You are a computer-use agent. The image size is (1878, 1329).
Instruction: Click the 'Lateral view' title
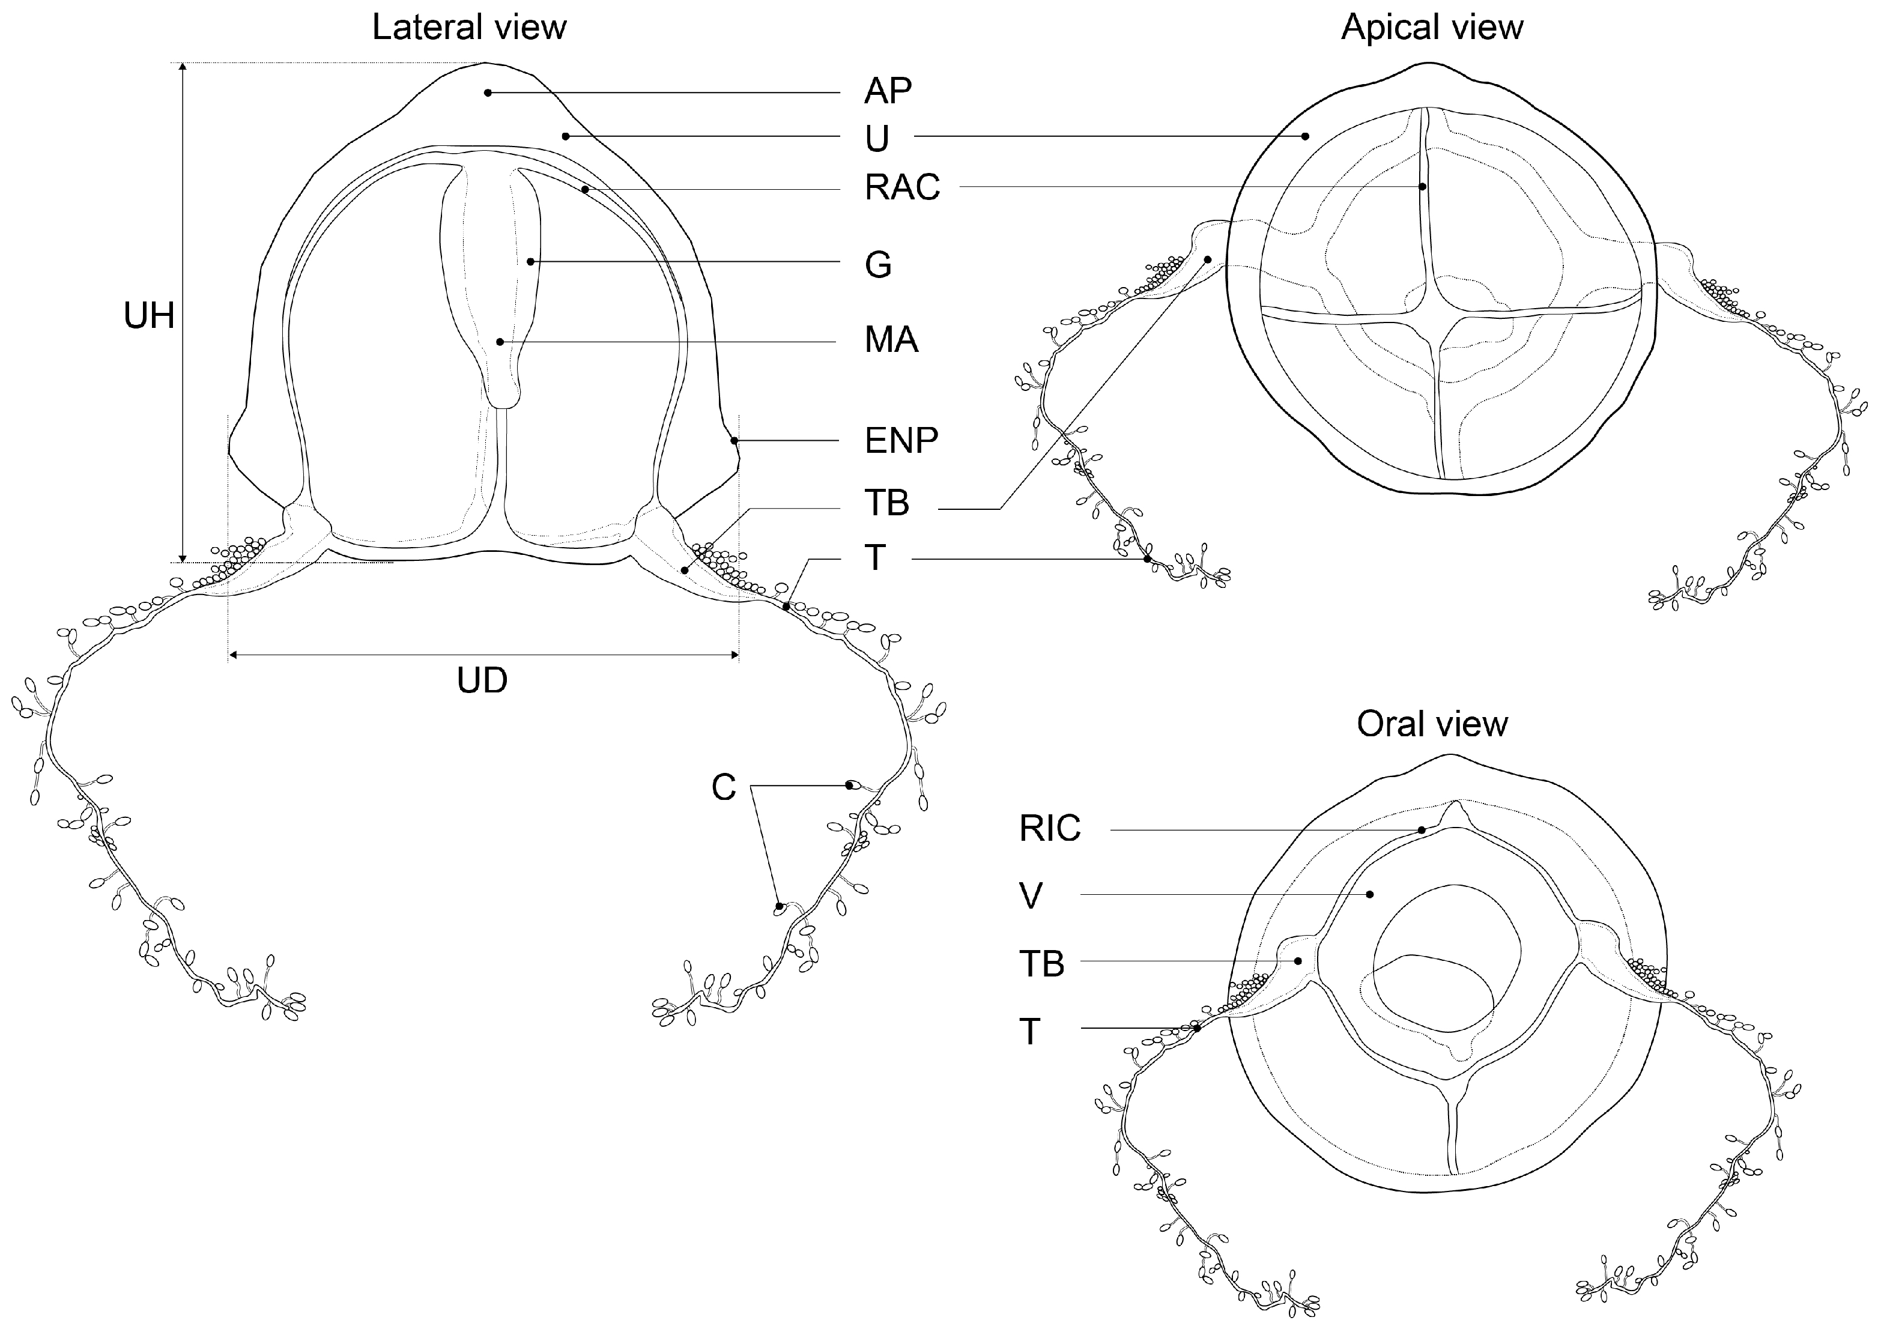469,27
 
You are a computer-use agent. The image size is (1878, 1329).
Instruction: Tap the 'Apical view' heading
1431,27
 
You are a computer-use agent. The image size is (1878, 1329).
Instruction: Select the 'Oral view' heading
1431,724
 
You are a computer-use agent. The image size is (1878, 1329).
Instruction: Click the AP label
887,90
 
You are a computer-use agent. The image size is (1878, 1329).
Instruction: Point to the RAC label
902,187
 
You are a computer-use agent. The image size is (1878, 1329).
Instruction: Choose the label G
877,264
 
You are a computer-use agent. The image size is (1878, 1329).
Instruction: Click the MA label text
891,339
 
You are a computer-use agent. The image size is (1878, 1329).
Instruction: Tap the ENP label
901,440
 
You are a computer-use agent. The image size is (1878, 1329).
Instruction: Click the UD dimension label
482,680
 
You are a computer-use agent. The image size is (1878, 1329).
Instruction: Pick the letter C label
723,787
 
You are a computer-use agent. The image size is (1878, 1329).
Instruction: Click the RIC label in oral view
1050,828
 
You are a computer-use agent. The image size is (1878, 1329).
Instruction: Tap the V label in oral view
1031,895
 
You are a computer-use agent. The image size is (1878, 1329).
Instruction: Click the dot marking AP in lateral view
488,92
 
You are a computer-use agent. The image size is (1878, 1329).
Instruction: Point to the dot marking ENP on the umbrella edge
735,440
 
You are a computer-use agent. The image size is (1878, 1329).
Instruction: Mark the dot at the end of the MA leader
499,341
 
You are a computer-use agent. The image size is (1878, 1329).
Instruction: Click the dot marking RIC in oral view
1422,830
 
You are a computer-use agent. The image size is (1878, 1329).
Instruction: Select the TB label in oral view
1041,963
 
